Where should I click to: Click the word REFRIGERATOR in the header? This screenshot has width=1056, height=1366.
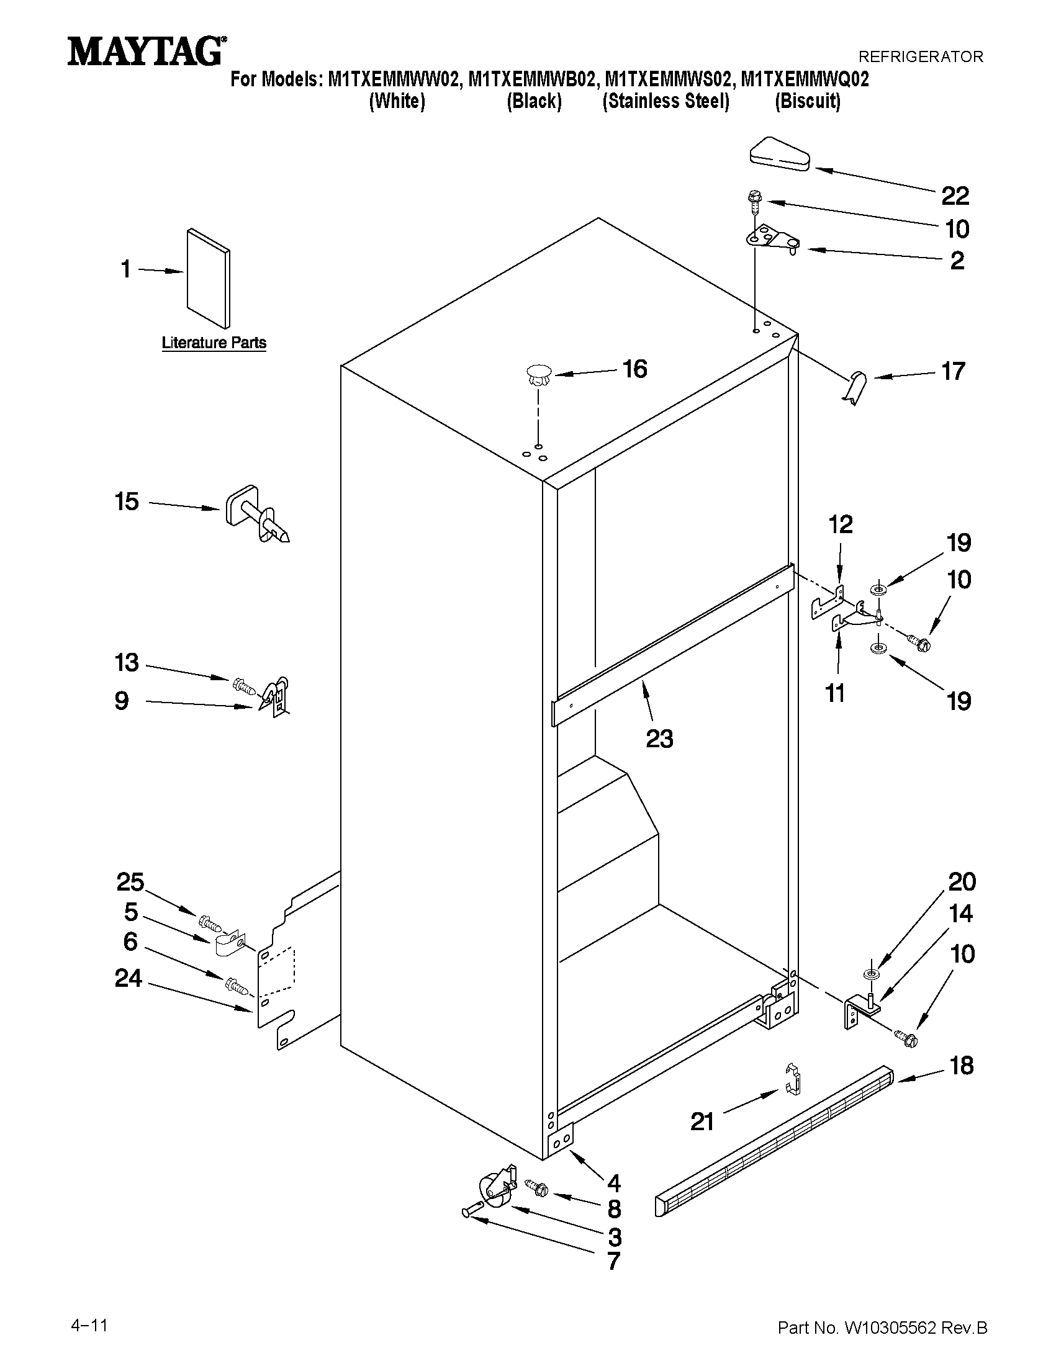pyautogui.click(x=920, y=57)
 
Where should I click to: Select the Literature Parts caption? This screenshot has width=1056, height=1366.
pyautogui.click(x=214, y=343)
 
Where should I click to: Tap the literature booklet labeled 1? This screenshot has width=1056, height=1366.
pyautogui.click(x=208, y=277)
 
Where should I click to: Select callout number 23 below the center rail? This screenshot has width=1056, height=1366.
pyautogui.click(x=659, y=739)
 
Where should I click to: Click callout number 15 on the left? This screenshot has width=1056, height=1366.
pyautogui.click(x=127, y=501)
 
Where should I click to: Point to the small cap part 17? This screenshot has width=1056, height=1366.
pyautogui.click(x=855, y=385)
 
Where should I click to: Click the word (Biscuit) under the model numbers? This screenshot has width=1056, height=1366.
pyautogui.click(x=807, y=101)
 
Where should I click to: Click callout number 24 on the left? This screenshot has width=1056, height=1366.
pyautogui.click(x=129, y=978)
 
